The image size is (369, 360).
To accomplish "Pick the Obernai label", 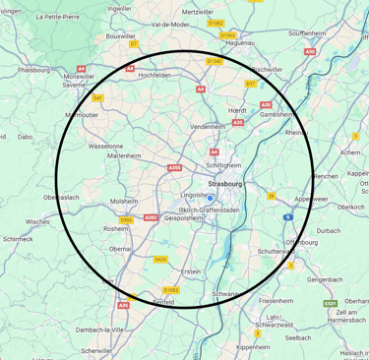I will click(x=122, y=249).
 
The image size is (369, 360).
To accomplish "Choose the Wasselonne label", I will click(x=105, y=146).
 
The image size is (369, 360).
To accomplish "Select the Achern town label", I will click(x=349, y=153).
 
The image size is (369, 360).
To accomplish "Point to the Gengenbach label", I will click(x=326, y=279).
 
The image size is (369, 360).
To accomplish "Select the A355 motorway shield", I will click(x=174, y=168).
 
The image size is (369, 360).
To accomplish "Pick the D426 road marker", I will click(x=160, y=259).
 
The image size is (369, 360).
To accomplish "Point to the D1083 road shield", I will click(x=171, y=290).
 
